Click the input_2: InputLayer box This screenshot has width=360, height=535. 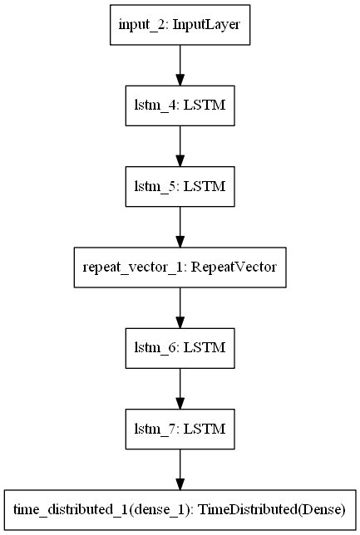pyautogui.click(x=180, y=26)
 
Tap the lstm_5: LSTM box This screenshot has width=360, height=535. pyautogui.click(x=180, y=186)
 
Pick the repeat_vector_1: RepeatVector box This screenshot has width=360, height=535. pyautogui.click(x=180, y=267)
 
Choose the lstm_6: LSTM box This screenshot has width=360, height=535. pyautogui.click(x=180, y=346)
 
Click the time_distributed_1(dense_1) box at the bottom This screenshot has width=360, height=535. pyautogui.click(x=180, y=507)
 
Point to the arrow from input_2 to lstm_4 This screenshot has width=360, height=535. pyautogui.click(x=180, y=66)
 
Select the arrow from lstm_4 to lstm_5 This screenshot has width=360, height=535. pyautogui.click(x=180, y=146)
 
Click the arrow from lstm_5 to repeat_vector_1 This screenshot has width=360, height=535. pyautogui.click(x=180, y=226)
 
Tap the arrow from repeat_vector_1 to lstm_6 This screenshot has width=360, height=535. pyautogui.click(x=180, y=307)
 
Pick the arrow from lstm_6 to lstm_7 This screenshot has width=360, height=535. pyautogui.click(x=180, y=386)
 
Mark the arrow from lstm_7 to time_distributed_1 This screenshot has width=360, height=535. pyautogui.click(x=180, y=467)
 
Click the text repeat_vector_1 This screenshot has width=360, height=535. pyautogui.click(x=131, y=267)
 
